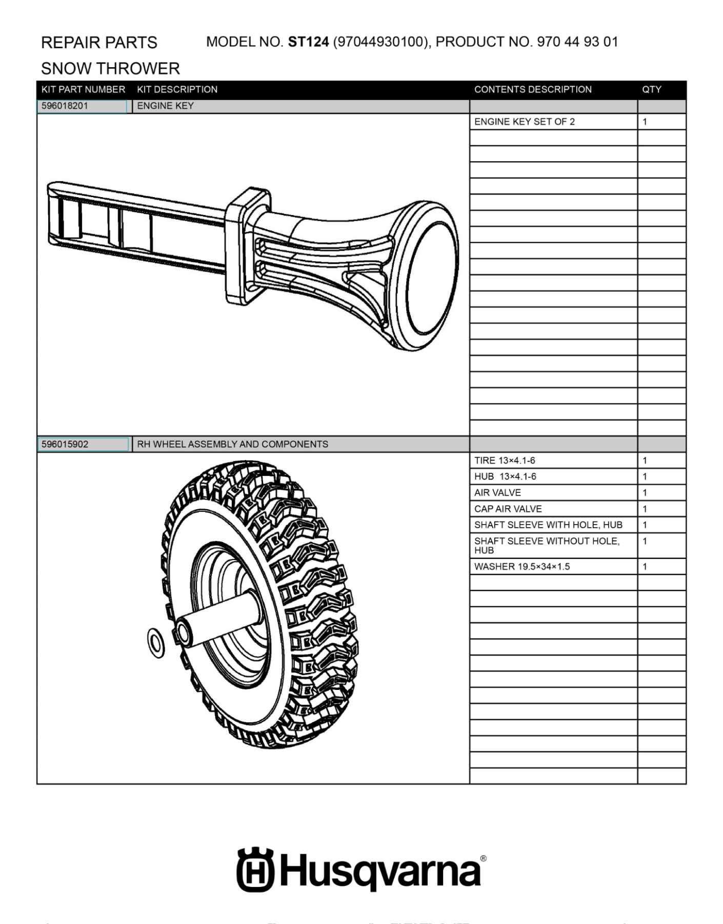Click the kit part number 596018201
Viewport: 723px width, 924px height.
pos(65,106)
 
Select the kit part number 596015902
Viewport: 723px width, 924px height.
pos(65,444)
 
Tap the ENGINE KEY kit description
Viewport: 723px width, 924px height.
pos(165,106)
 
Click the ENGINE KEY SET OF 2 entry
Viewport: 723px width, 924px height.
pos(525,122)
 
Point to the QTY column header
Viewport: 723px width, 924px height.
pos(652,89)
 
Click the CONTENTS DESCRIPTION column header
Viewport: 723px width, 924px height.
pos(533,89)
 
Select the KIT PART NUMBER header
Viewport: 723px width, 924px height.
pos(84,89)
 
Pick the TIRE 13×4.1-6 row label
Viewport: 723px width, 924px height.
pos(505,460)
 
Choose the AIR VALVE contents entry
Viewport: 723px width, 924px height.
pos(497,493)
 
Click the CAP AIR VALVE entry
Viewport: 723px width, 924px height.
pos(508,509)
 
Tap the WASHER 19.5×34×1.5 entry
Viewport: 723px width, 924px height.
pos(522,567)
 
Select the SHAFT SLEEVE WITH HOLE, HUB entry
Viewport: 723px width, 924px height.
pos(548,525)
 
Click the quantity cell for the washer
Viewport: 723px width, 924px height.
pos(645,567)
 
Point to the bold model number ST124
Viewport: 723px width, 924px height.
pos(308,42)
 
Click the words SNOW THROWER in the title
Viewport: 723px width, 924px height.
pos(110,68)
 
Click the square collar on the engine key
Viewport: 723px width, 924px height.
pos(247,246)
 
